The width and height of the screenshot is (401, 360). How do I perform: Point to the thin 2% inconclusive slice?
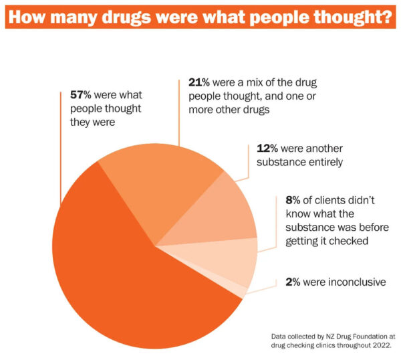pyautogui.click(x=244, y=290)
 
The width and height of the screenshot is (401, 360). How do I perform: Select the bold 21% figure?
pyautogui.click(x=190, y=84)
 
